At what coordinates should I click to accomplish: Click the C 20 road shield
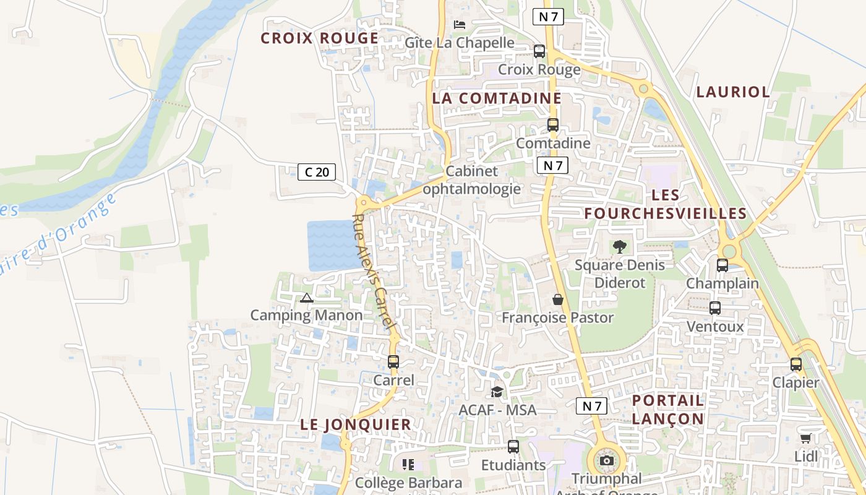coord(317,172)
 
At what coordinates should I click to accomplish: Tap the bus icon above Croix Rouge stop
coord(539,51)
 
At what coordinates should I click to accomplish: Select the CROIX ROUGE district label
coord(319,38)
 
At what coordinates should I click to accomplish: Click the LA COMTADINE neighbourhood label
coord(497,98)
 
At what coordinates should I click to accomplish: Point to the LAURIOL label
coord(733,92)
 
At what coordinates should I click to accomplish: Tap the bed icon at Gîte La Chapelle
coord(460,25)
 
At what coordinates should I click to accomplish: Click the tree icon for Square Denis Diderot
coord(619,247)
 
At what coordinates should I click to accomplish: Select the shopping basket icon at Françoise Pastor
coord(558,299)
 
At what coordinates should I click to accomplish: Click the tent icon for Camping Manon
coord(306,298)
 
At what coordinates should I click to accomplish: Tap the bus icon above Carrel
coord(393,362)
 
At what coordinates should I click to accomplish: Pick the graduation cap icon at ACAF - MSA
coord(497,392)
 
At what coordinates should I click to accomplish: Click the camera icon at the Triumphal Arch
coord(607,461)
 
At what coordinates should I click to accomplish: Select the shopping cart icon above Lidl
coord(805,439)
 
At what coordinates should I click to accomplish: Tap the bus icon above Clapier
coord(796,364)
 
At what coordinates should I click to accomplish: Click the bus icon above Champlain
coord(722,265)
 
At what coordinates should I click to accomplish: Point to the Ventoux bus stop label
coord(715,326)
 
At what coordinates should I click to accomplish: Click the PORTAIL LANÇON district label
coord(668,410)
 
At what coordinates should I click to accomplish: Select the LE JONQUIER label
coord(356,424)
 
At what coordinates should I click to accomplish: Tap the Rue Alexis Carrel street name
coord(374,272)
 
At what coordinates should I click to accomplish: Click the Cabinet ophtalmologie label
coord(472,180)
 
